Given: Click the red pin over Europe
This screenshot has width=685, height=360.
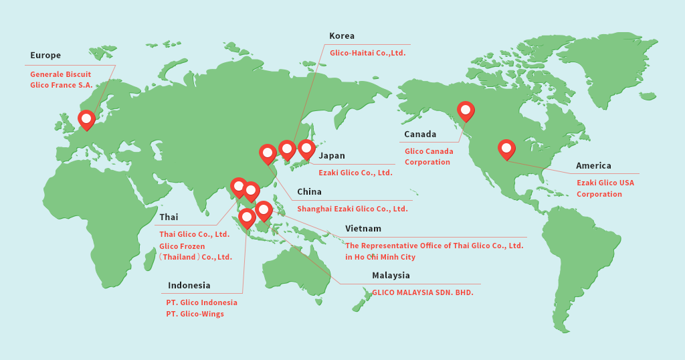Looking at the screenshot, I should (x=86, y=119).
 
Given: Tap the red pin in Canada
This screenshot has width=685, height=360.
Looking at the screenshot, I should (x=466, y=110).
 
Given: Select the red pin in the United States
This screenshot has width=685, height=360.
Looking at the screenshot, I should (x=506, y=149).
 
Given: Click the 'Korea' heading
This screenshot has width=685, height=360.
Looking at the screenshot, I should (x=342, y=36).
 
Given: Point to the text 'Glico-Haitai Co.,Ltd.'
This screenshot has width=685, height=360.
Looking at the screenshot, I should (x=367, y=53).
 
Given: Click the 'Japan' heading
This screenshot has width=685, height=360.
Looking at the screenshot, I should (x=332, y=156).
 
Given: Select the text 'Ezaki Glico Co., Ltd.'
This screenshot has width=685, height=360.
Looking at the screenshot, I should (x=355, y=173).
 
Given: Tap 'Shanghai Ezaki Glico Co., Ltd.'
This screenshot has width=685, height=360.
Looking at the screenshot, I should (x=352, y=209).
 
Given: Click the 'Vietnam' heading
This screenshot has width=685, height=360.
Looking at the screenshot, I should (x=363, y=229).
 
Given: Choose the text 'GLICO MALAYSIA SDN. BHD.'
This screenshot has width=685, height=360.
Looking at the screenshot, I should (x=423, y=292).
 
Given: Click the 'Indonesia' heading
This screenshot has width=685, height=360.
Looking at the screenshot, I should (x=189, y=286).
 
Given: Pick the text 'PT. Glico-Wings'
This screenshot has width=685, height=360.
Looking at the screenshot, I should (x=195, y=314).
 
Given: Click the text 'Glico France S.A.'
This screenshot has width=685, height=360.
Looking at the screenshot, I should (x=62, y=86).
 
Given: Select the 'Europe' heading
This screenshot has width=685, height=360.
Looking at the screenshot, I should (x=45, y=56).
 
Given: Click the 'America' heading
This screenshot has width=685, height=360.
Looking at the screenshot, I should (x=593, y=166).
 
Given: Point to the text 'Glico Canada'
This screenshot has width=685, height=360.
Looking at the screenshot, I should (x=429, y=151).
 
